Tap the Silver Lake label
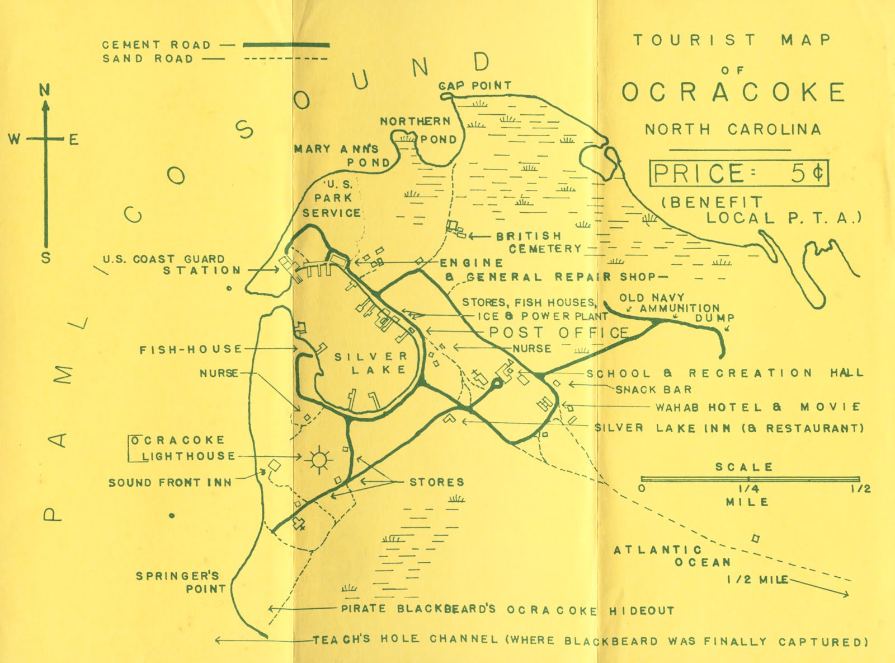tap(371, 363)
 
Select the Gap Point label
tap(475, 86)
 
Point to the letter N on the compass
tap(45, 90)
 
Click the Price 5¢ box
tap(738, 174)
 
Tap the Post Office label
tap(559, 333)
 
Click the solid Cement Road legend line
tap(286, 44)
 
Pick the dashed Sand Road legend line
tap(286, 59)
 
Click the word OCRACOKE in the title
tap(734, 92)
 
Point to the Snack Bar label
tap(654, 389)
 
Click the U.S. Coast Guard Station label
tap(171, 264)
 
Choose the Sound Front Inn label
tap(170, 482)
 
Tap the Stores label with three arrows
tap(437, 482)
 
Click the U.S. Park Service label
tap(331, 198)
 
